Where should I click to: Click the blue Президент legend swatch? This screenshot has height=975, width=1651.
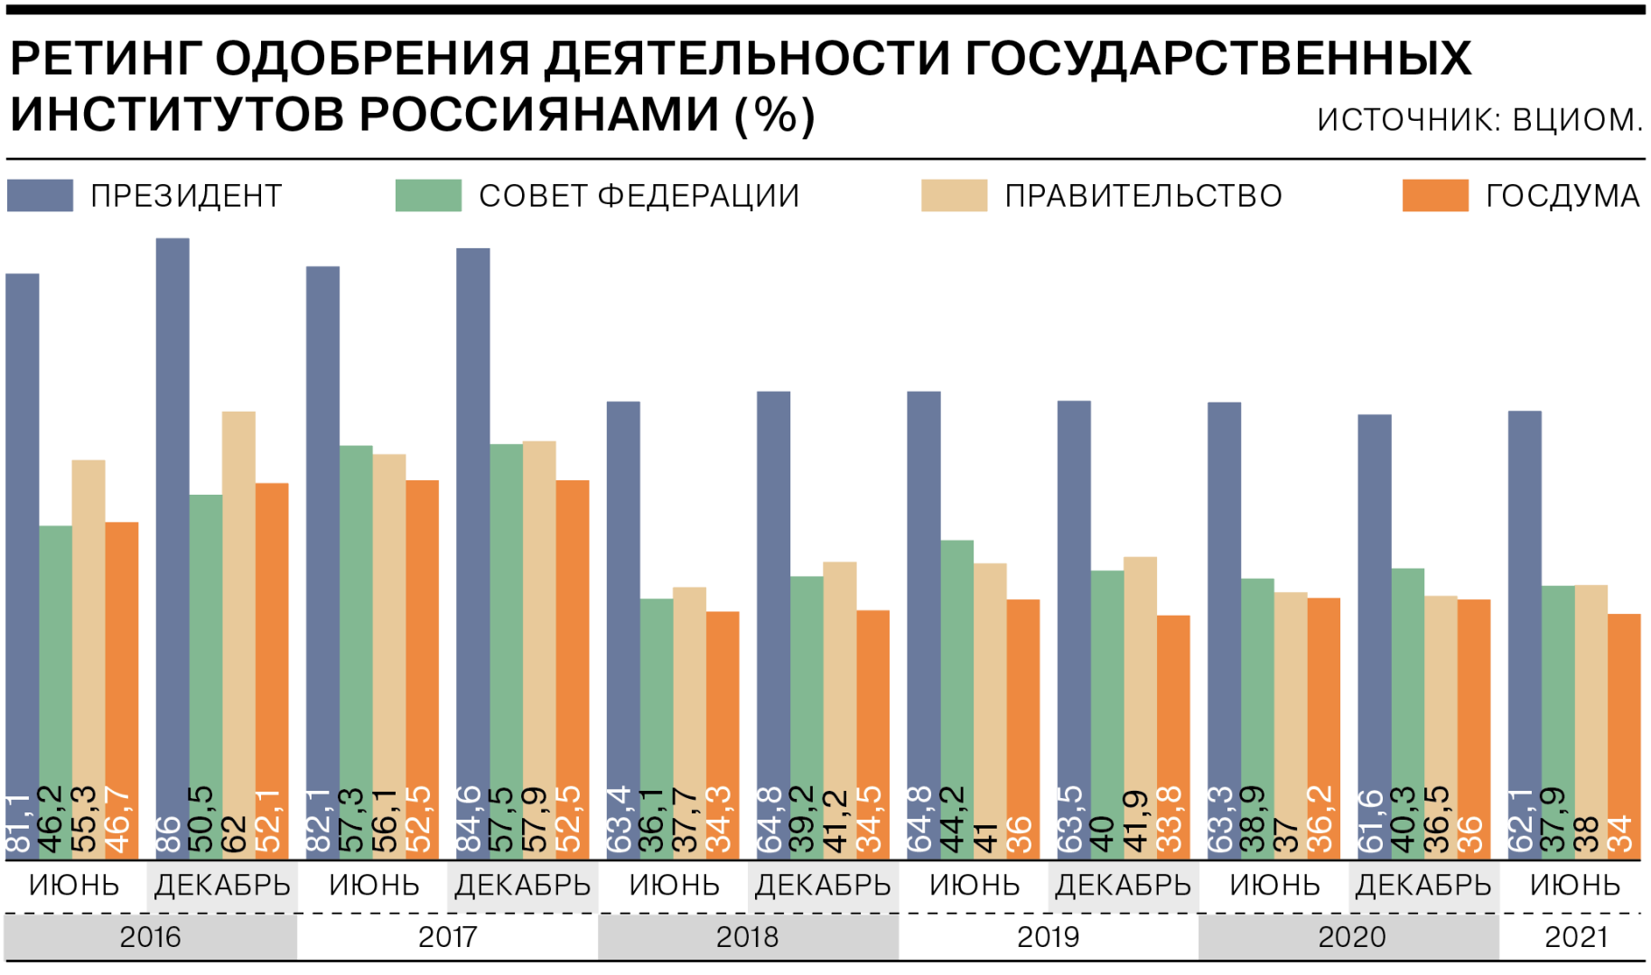click(x=40, y=195)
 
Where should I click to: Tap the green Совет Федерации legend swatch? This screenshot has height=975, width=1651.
click(x=428, y=195)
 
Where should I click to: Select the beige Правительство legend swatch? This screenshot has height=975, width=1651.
click(x=954, y=195)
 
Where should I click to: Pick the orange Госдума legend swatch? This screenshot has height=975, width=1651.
click(x=1435, y=195)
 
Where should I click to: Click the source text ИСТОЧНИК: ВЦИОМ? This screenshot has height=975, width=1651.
click(x=1479, y=119)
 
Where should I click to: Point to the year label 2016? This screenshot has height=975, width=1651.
click(x=150, y=937)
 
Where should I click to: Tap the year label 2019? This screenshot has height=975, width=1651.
click(x=1048, y=937)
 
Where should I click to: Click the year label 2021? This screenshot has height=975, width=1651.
click(x=1576, y=937)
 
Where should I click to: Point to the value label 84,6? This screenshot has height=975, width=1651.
click(x=471, y=820)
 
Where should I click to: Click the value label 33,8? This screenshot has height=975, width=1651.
click(x=1171, y=820)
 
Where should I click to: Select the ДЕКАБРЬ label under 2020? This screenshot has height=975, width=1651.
click(x=1423, y=886)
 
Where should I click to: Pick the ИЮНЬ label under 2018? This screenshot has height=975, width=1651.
click(x=674, y=886)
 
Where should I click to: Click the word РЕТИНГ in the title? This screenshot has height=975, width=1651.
click(x=105, y=60)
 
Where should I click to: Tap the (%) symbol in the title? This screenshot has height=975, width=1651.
click(x=775, y=116)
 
